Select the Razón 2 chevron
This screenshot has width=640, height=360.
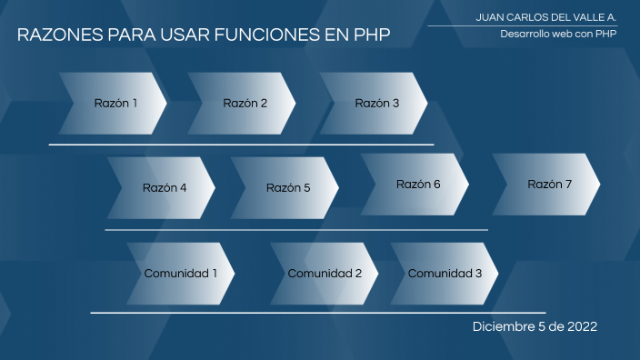tap(243, 104)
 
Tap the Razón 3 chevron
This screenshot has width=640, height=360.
tap(375, 104)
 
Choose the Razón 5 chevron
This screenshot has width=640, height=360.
tap(286, 188)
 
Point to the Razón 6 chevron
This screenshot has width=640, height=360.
tap(416, 185)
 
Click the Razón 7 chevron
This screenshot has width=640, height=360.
tap(548, 185)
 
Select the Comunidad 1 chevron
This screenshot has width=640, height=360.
tap(181, 274)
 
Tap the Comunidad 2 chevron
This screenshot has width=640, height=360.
tap(324, 274)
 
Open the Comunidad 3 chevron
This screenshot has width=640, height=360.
tap(445, 274)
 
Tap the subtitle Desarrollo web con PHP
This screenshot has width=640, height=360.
tap(545, 34)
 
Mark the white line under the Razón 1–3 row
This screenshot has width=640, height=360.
tap(241, 144)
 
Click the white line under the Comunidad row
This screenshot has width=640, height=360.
tap(318, 313)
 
